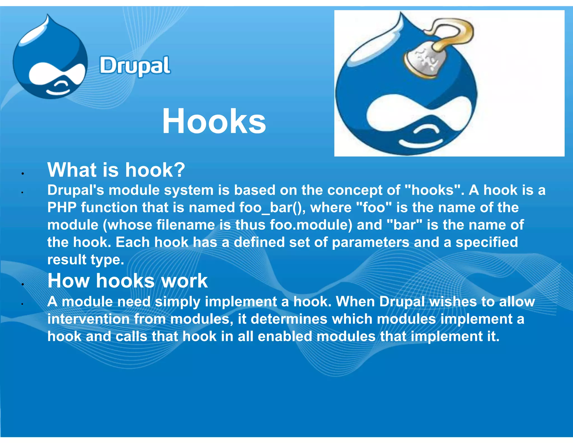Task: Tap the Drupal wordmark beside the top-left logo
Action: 135,66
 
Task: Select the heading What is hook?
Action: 116,170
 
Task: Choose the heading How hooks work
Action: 128,281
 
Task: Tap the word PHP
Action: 62,208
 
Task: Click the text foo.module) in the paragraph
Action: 311,225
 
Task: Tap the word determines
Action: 289,319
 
